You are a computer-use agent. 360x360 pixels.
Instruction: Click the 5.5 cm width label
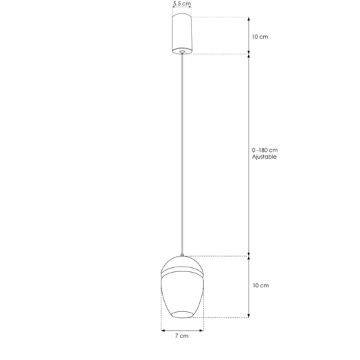pyautogui.click(x=182, y=4)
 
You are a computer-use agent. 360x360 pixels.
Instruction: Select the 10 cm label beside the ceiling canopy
pyautogui.click(x=260, y=37)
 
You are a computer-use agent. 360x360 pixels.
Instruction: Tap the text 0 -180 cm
pyautogui.click(x=265, y=150)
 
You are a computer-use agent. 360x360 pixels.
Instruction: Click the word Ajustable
pyautogui.click(x=264, y=157)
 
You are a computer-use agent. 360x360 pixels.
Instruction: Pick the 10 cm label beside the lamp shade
pyautogui.click(x=261, y=285)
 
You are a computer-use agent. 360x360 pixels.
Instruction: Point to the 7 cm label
pyautogui.click(x=182, y=335)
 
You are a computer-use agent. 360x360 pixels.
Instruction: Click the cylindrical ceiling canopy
pyautogui.click(x=182, y=34)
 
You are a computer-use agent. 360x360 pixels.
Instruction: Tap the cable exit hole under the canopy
pyautogui.click(x=182, y=51)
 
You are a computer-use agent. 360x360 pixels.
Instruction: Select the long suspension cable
pyautogui.click(x=182, y=154)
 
